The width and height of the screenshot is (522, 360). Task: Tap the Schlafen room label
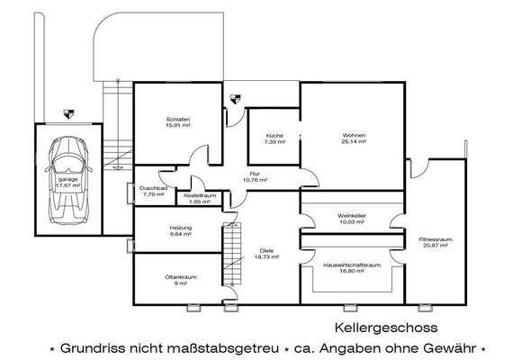177,122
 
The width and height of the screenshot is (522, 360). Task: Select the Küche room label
275,139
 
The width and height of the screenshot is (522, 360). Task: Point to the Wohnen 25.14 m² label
353,138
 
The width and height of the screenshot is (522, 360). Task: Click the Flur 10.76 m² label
256,177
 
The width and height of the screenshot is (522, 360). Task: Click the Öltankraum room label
181,280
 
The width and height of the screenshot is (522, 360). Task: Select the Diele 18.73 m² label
265,253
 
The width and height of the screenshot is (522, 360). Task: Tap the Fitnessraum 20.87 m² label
434,242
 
